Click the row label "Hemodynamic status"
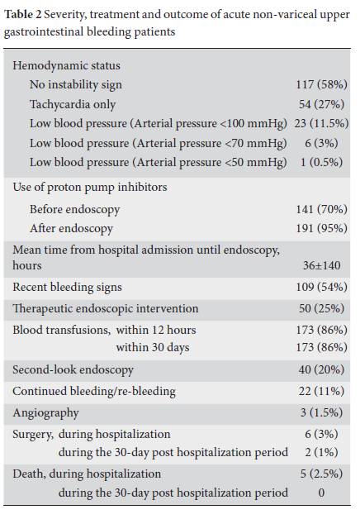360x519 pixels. [x=66, y=65]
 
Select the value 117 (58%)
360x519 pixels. [x=321, y=85]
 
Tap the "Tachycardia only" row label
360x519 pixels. [x=73, y=104]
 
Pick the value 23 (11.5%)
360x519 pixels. [x=321, y=123]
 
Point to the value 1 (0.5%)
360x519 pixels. [x=321, y=163]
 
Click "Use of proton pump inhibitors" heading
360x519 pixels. [x=90, y=188]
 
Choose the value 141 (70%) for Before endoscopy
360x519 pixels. [x=321, y=209]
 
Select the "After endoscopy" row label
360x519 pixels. [x=71, y=228]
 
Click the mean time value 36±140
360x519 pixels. [x=321, y=265]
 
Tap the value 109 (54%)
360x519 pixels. [x=321, y=287]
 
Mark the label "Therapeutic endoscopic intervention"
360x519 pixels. [x=106, y=308]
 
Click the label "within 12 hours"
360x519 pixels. [x=156, y=330]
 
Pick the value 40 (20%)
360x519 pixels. [x=321, y=369]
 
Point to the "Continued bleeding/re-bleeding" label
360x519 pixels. [x=94, y=391]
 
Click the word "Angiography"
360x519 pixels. [x=45, y=413]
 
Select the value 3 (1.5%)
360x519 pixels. [x=321, y=412]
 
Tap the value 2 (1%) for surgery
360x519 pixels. [x=321, y=452]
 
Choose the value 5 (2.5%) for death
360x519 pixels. [x=321, y=474]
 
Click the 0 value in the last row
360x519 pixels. [x=321, y=493]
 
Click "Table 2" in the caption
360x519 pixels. [x=23, y=15]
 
